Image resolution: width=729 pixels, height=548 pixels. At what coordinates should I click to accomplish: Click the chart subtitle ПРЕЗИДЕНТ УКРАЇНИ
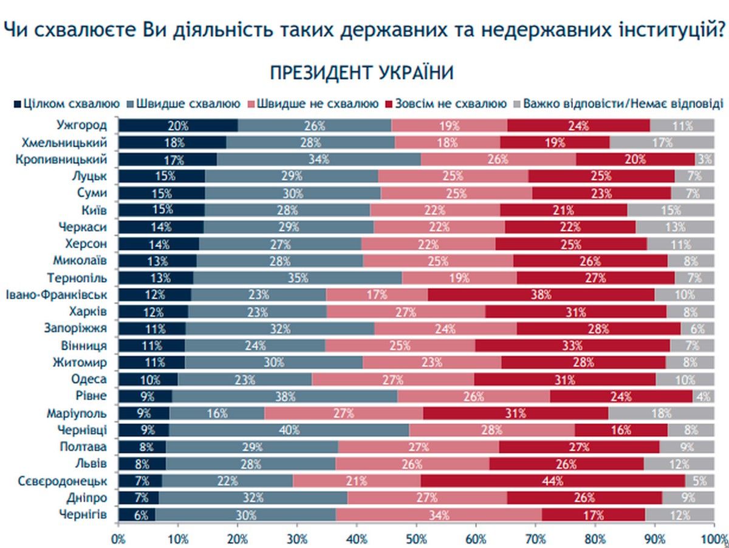point(361,73)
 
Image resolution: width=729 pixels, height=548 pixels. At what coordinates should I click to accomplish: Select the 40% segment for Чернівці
point(289,430)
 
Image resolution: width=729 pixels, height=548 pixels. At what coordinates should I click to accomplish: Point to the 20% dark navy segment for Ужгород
point(178,126)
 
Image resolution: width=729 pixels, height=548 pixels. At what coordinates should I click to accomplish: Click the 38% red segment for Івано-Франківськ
point(541,295)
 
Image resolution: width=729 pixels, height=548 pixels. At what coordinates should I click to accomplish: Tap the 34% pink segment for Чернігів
point(439,515)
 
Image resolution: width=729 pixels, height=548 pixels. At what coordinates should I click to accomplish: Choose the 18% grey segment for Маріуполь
point(661,413)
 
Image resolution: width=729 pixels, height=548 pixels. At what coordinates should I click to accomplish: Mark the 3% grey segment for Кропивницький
point(704,160)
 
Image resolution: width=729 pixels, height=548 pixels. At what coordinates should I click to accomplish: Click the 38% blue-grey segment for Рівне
point(285,396)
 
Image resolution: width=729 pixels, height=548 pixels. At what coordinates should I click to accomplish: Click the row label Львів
point(92,463)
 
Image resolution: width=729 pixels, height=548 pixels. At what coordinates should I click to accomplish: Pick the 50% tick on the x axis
point(416,539)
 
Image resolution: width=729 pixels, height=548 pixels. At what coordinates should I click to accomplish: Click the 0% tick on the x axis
point(118,539)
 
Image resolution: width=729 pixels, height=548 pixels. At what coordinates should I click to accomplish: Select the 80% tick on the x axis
point(595,539)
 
